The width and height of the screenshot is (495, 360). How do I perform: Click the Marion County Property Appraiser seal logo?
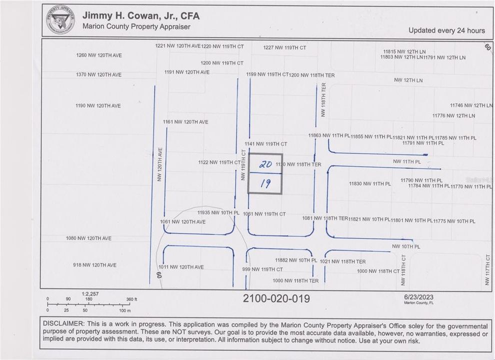tap(60, 20)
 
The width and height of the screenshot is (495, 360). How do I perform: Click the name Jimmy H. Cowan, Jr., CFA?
tap(140, 15)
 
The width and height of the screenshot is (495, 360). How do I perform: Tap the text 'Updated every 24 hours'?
tap(446, 30)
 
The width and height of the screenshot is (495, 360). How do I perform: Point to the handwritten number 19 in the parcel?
tap(265, 183)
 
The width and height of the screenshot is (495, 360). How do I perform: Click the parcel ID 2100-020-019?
tap(276, 298)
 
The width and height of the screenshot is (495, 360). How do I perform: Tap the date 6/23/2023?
tap(418, 297)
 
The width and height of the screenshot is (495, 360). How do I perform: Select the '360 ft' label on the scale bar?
tap(131, 299)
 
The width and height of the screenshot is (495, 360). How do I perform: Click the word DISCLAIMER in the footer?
tap(65, 326)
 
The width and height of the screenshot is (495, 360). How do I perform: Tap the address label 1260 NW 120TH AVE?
tap(98, 55)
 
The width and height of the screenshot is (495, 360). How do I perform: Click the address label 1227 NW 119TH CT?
tap(284, 48)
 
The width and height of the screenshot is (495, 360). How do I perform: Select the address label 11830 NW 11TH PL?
tap(369, 184)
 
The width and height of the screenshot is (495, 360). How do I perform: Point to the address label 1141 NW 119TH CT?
tap(265, 144)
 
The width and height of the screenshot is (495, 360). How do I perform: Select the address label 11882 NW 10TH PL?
tap(296, 260)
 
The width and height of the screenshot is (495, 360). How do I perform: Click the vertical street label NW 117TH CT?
tap(487, 270)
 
